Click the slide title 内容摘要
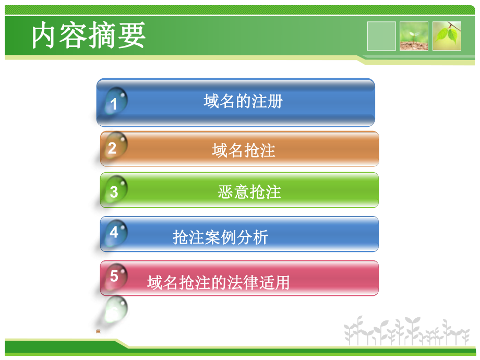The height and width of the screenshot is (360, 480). coord(88,37)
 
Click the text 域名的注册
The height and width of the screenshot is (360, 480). coord(243,101)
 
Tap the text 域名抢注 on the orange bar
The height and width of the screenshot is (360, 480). coord(243,151)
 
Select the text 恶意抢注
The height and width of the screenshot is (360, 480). coord(249,193)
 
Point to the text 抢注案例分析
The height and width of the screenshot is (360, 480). coord(220,237)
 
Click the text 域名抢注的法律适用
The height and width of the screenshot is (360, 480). coord(218,283)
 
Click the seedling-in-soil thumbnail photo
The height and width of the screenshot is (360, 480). coord(414,36)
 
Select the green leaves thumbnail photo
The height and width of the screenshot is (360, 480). coord(447,36)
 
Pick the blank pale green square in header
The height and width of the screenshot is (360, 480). coord(381,36)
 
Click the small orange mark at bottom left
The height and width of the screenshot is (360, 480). coord(98,330)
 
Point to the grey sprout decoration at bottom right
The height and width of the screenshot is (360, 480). coord(406,331)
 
